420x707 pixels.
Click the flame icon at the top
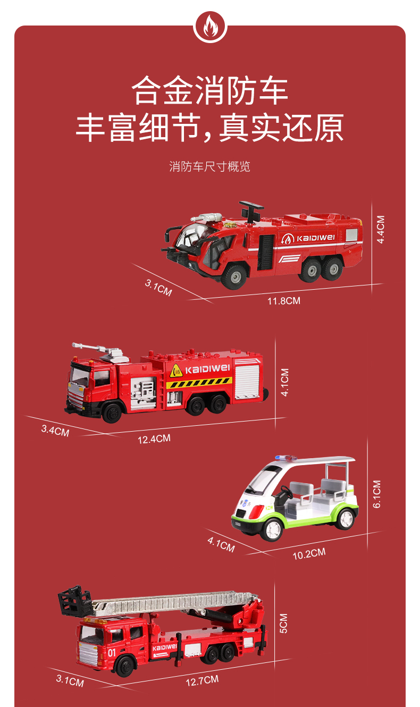(210, 27)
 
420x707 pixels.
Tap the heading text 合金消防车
(210, 90)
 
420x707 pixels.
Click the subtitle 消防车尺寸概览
(209, 167)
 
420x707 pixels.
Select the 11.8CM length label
(284, 301)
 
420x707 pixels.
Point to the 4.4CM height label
(381, 230)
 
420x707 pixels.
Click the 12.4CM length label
(154, 439)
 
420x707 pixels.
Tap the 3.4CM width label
(55, 431)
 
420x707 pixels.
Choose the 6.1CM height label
(377, 494)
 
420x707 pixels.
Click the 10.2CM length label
(309, 553)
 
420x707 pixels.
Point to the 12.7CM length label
(202, 681)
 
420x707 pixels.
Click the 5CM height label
(284, 624)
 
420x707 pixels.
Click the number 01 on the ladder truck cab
(112, 653)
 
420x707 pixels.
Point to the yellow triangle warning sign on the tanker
(176, 371)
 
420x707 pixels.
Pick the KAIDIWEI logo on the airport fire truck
(308, 238)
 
